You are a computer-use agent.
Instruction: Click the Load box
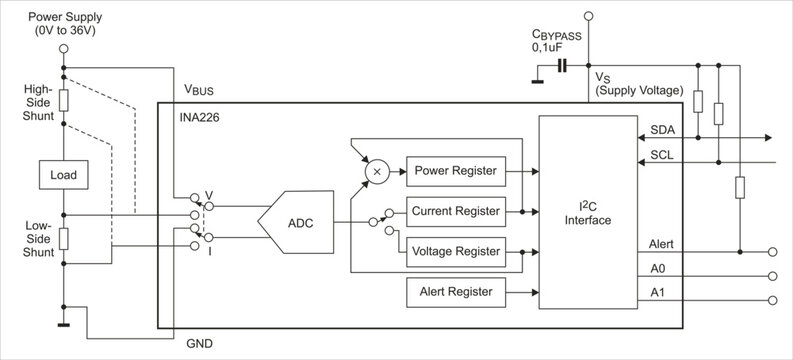point(63,175)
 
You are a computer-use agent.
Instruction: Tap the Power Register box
point(455,171)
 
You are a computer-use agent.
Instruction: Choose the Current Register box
point(455,211)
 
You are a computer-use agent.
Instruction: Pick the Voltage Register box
point(455,251)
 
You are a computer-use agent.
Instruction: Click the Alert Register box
point(455,292)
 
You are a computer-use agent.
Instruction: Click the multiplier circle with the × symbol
point(377,171)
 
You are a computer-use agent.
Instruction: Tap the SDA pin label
point(662,131)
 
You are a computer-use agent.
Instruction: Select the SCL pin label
point(661,155)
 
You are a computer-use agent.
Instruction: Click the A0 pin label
point(657,268)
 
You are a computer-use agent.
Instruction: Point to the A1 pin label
point(657,292)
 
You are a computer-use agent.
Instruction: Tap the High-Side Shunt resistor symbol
point(63,101)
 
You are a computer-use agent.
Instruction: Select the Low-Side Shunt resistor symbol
point(63,237)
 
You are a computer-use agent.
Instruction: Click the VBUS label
point(198,90)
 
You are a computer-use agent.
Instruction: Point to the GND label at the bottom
point(200,344)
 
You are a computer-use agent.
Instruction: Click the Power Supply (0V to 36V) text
point(63,25)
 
